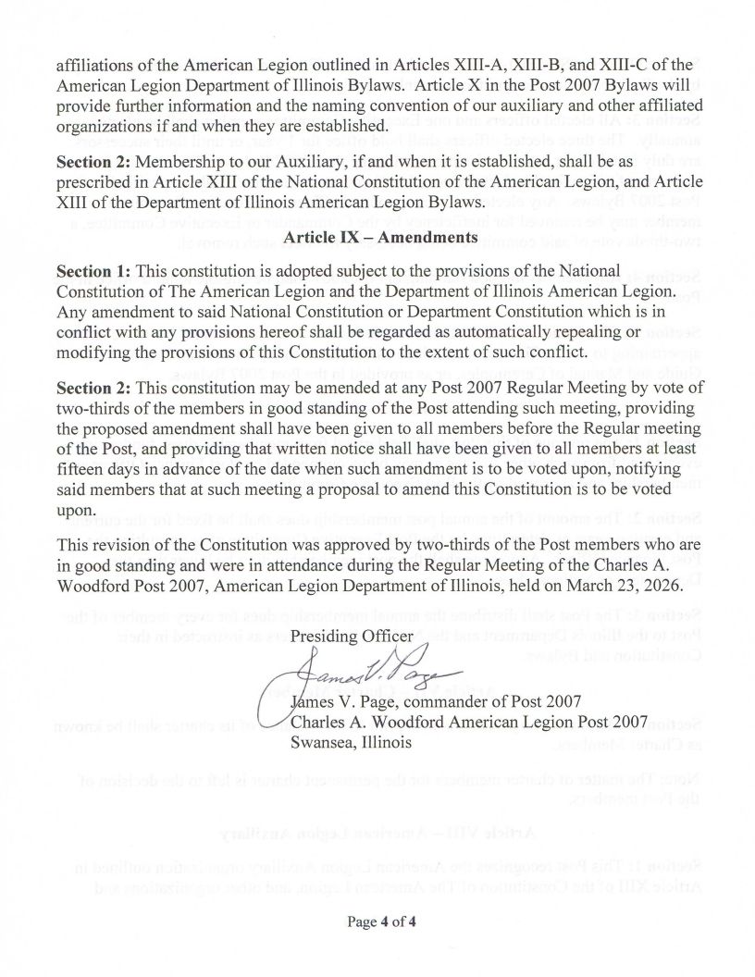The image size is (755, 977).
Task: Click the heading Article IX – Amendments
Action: click(379, 237)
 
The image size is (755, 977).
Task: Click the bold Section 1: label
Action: click(94, 272)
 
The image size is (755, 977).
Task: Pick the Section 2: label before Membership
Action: click(94, 161)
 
